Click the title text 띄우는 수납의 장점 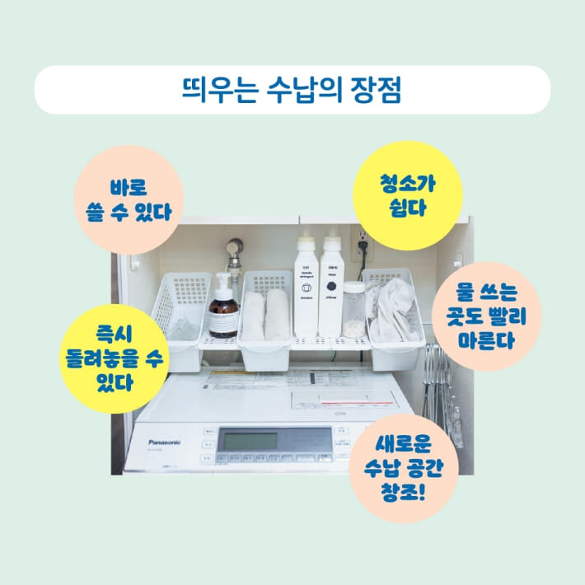point(292,90)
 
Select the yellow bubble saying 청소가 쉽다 point(406,194)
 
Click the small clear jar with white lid point(353,308)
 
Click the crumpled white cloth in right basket point(394,312)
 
